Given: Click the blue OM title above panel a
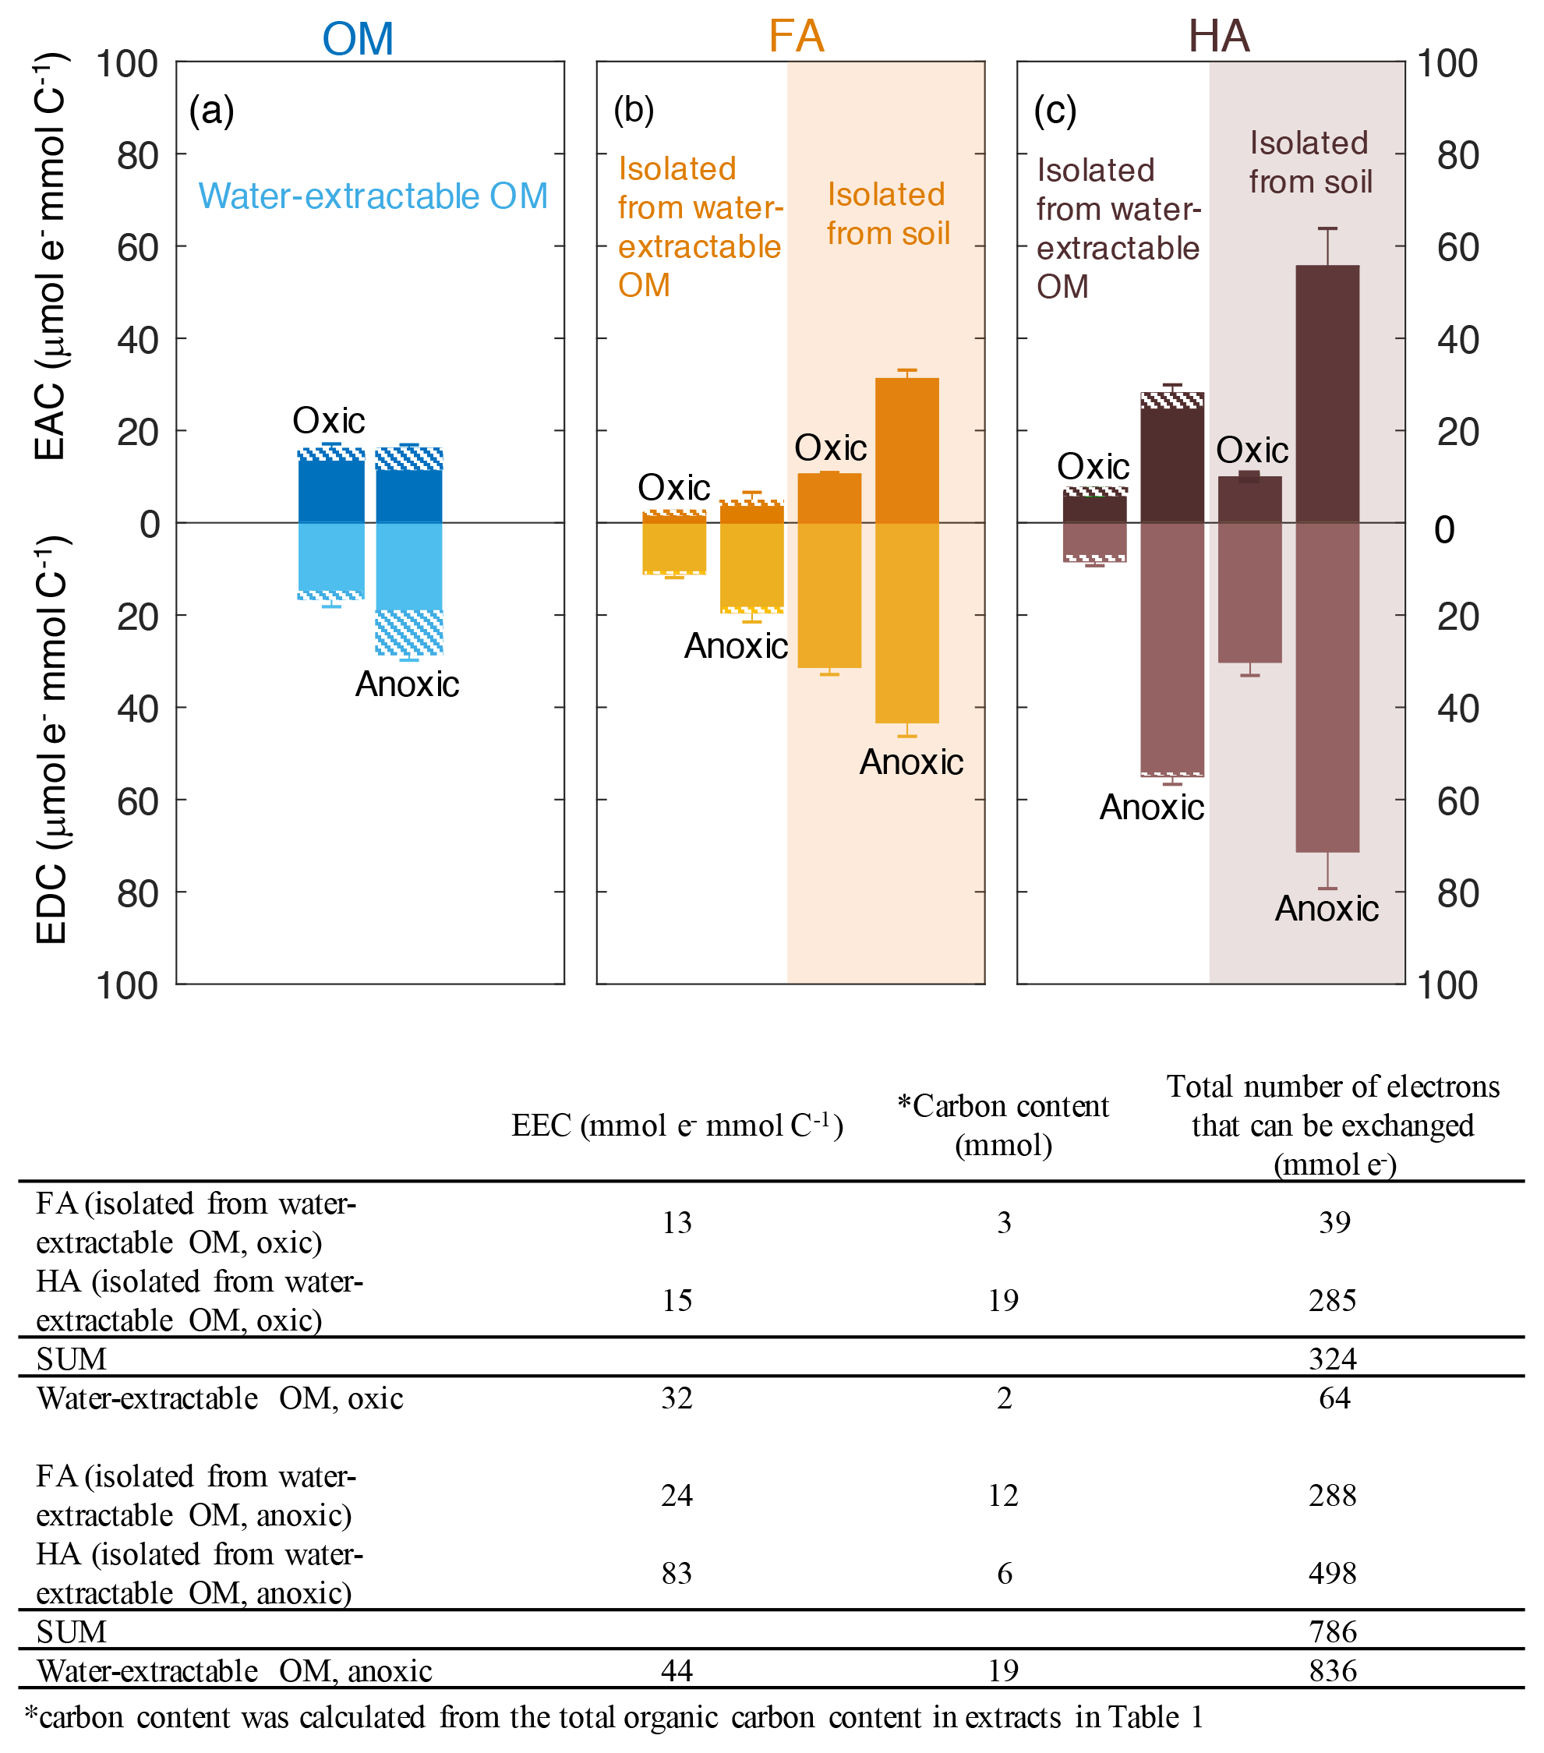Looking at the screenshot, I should click(358, 39).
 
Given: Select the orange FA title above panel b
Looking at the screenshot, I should click(796, 37).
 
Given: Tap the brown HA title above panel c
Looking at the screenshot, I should click(1218, 37).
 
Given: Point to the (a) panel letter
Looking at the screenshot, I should click(212, 111).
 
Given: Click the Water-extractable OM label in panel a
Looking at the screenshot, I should click(373, 196).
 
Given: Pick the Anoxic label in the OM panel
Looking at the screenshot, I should click(408, 684).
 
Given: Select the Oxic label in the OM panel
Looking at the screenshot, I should click(329, 421).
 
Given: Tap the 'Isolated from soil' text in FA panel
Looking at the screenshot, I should click(888, 214).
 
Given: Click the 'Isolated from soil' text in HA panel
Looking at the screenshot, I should click(1310, 163).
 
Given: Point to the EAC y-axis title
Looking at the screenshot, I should click(51, 257).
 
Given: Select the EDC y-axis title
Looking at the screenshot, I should click(51, 742).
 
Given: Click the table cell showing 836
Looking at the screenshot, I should click(1333, 1670).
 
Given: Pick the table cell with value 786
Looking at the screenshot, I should click(1333, 1631).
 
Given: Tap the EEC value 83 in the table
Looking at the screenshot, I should click(677, 1573).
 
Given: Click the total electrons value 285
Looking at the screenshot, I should click(1333, 1301).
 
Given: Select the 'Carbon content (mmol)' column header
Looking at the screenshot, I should click(1003, 1126).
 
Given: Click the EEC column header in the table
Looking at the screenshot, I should click(677, 1126).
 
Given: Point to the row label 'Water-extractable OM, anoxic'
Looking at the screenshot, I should click(234, 1670).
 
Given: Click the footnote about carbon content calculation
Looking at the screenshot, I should click(613, 1717).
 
